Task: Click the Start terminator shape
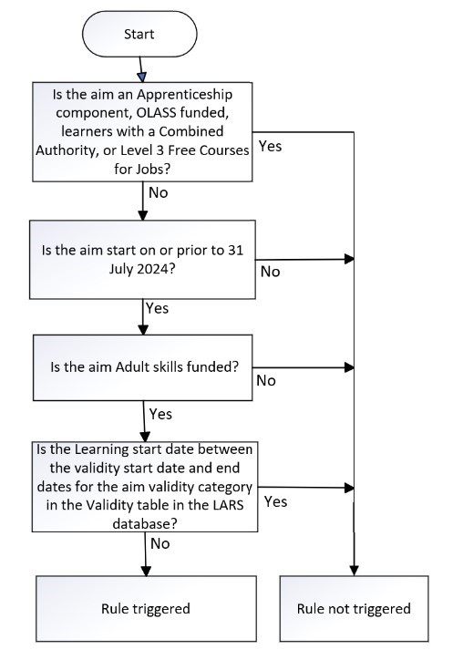139,34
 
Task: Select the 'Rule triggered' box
146,609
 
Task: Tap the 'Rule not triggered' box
354,609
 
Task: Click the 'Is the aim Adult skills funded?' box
143,367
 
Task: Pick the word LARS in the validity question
227,505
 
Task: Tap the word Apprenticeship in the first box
185,95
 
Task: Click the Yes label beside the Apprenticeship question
270,146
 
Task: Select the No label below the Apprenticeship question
159,192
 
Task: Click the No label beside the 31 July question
270,272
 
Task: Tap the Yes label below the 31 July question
157,308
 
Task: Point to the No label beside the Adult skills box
266,380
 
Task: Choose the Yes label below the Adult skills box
160,414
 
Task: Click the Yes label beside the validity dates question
275,501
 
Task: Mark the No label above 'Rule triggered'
159,544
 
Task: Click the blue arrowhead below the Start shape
142,77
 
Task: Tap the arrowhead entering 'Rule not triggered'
354,571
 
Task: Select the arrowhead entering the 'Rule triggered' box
146,571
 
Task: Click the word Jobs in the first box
153,170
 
